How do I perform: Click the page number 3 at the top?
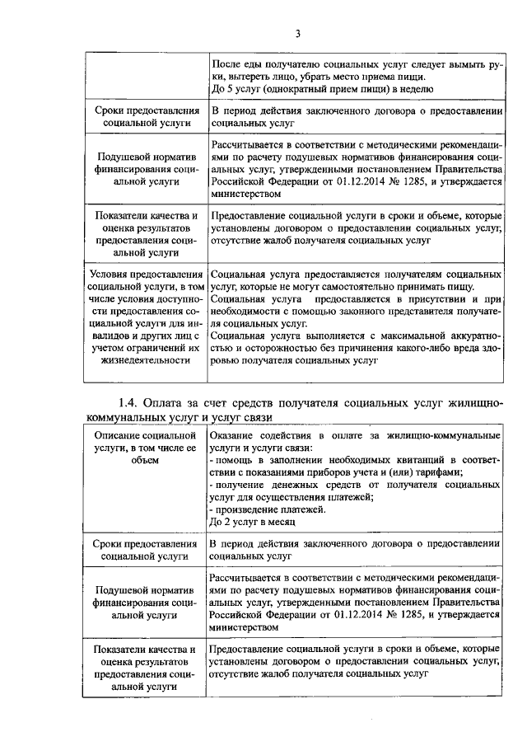coord(298,33)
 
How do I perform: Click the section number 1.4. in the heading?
coord(132,402)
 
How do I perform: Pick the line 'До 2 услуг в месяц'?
coord(251,522)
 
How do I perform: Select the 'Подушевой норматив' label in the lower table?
coord(144,591)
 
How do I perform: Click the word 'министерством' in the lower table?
coord(245,626)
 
